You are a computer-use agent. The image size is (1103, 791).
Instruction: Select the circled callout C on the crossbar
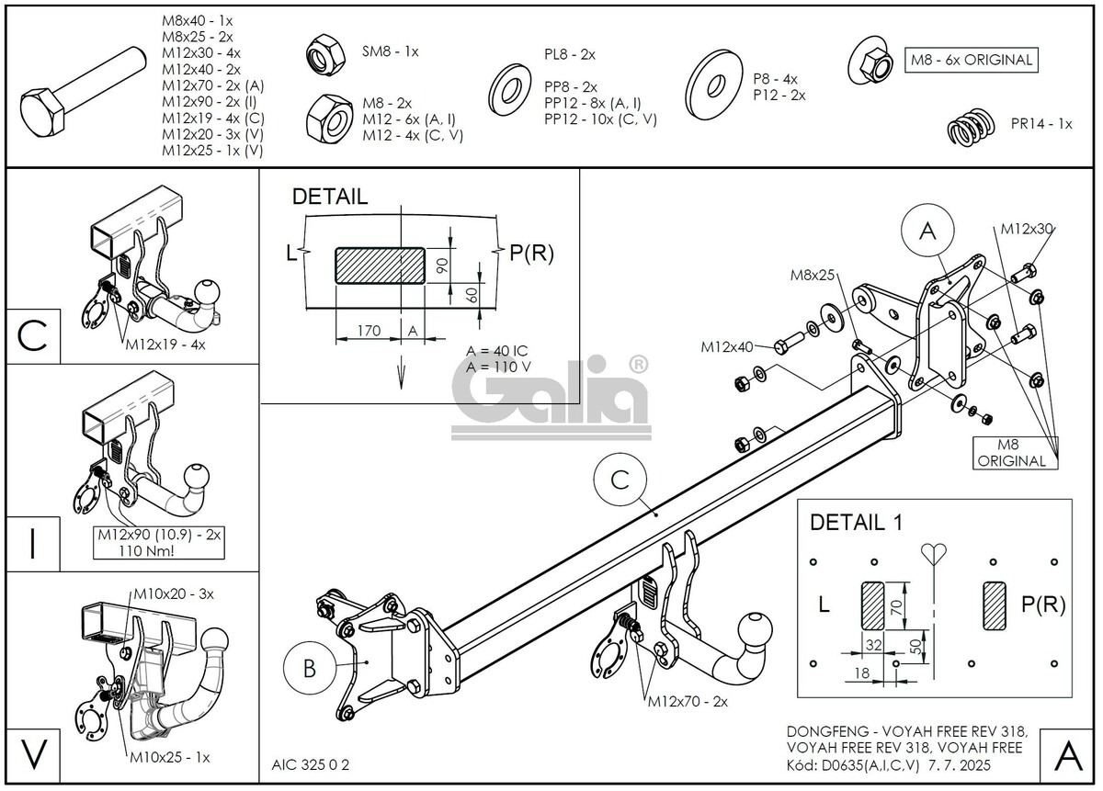coord(620,480)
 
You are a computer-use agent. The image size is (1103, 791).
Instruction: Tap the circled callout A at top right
coord(927,232)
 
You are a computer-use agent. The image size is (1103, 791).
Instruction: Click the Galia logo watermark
coord(551,397)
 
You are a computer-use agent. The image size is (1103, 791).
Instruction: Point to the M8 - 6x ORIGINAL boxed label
coord(971,61)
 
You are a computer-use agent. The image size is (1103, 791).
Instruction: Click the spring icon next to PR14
coord(972,127)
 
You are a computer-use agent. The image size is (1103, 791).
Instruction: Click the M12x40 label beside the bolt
coord(727,346)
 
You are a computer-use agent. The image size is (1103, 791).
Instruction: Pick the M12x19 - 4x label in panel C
coord(165,345)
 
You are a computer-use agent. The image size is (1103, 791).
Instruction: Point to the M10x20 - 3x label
coord(173,593)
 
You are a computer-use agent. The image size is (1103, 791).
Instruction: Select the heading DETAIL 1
coord(856,523)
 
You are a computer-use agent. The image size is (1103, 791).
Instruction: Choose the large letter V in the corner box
coord(33,754)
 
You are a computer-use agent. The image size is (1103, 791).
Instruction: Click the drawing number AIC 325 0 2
coord(311,764)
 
